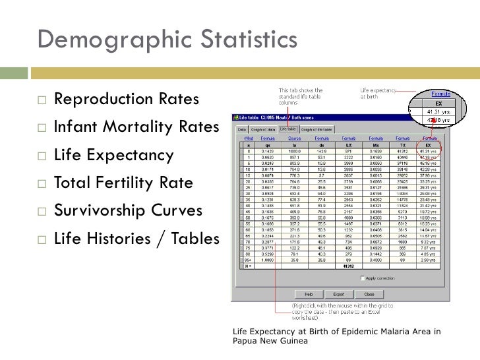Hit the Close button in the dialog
(x=369, y=294)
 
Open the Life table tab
(x=287, y=129)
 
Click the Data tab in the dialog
(x=241, y=129)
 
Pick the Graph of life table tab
(x=318, y=129)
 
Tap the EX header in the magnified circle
(x=433, y=103)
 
